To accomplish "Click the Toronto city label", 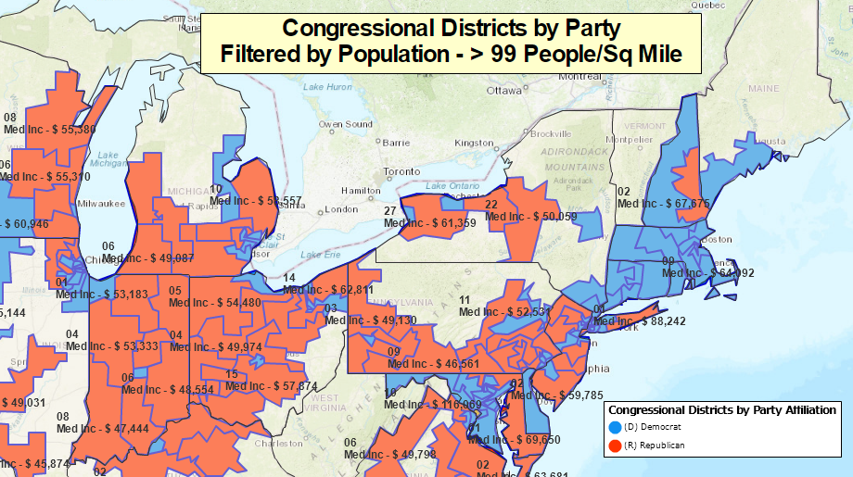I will pyautogui.click(x=402, y=172).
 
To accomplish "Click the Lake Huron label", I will pyautogui.click(x=327, y=87).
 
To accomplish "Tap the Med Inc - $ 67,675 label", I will pyautogui.click(x=664, y=203).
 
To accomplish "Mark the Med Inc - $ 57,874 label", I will pyautogui.click(x=273, y=386).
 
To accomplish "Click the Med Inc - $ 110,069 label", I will pyautogui.click(x=433, y=405).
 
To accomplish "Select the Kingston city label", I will pyautogui.click(x=474, y=143).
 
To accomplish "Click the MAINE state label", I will pyautogui.click(x=764, y=88).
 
